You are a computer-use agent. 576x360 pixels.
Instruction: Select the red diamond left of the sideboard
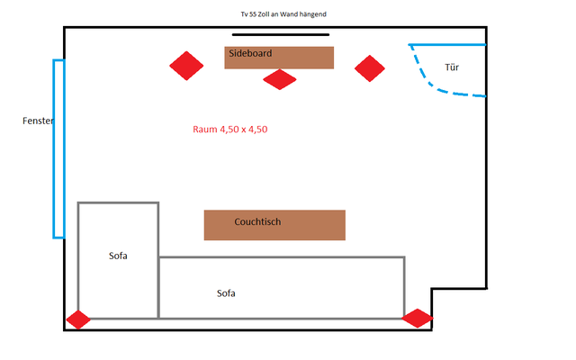pyautogui.click(x=187, y=66)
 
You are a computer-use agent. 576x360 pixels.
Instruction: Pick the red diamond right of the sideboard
pyautogui.click(x=369, y=67)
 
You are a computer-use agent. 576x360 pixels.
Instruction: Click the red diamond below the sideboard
pyautogui.click(x=280, y=79)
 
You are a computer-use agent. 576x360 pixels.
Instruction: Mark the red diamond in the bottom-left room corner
pyautogui.click(x=78, y=319)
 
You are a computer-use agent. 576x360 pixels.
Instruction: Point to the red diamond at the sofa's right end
pyautogui.click(x=417, y=318)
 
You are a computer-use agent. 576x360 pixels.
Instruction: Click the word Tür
pyautogui.click(x=452, y=67)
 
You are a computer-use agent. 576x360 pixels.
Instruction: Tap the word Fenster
pyautogui.click(x=39, y=120)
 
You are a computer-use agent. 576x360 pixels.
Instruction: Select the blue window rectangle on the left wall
pyautogui.click(x=58, y=148)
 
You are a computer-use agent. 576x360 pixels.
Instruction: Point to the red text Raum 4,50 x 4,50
pyautogui.click(x=230, y=130)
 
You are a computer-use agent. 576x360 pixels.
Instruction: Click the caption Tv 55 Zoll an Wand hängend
pyautogui.click(x=276, y=15)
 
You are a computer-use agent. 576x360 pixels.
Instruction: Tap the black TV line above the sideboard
pyautogui.click(x=280, y=36)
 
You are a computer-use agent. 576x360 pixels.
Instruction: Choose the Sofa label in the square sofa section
pyautogui.click(x=118, y=256)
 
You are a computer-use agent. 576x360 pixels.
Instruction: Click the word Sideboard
pyautogui.click(x=250, y=53)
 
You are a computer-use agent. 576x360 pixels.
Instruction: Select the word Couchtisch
pyautogui.click(x=258, y=221)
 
